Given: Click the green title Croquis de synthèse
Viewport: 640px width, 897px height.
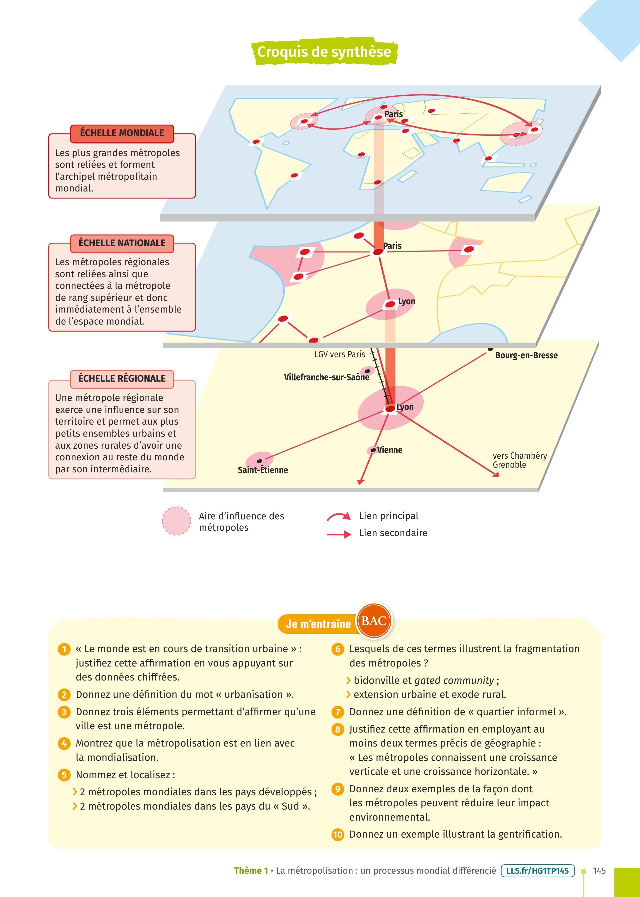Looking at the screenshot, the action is coord(324,52).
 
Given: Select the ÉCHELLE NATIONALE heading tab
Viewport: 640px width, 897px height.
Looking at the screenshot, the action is coord(122,243).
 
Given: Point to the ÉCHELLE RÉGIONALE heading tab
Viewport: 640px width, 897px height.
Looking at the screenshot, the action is coord(122,379).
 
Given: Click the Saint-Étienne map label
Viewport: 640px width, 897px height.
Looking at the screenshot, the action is coord(263,470).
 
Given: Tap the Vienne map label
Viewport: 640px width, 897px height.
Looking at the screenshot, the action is coord(390,450).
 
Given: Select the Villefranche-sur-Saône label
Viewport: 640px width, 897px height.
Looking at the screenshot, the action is coord(327,377).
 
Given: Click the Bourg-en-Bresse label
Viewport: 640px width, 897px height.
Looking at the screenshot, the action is coord(527,355).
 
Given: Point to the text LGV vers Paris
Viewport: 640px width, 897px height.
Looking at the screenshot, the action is coord(340,354).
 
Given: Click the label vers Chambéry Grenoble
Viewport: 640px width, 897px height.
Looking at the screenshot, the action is coord(520,460).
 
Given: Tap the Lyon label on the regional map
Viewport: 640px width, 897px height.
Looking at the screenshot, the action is coord(405,407).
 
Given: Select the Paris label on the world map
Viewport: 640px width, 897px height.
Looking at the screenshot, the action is coord(394,114).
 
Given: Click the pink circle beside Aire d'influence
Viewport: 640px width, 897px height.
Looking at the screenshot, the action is coord(177,521).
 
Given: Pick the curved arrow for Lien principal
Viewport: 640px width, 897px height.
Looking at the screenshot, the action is coord(338,516).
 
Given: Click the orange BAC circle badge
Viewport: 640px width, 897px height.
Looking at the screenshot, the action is coord(374,621).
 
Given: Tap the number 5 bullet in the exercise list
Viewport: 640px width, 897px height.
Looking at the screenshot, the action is coord(64,775).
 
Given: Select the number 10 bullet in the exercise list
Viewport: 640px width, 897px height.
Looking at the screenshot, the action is coord(338,835).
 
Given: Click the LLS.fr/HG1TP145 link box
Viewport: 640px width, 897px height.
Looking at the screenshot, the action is coord(538,871).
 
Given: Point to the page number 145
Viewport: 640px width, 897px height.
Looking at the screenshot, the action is coord(599,871).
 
